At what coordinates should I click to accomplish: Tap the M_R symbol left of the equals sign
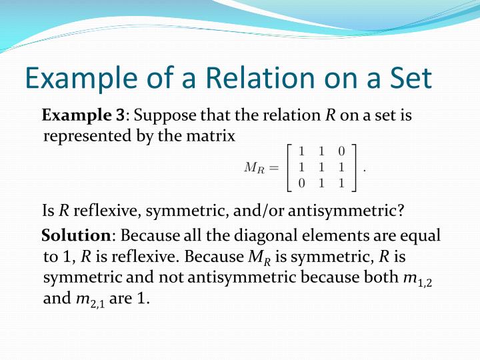coord(254,168)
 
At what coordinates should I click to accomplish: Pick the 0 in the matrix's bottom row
coord(301,183)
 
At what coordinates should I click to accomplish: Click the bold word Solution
coord(75,236)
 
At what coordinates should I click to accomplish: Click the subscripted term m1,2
coord(419,277)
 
